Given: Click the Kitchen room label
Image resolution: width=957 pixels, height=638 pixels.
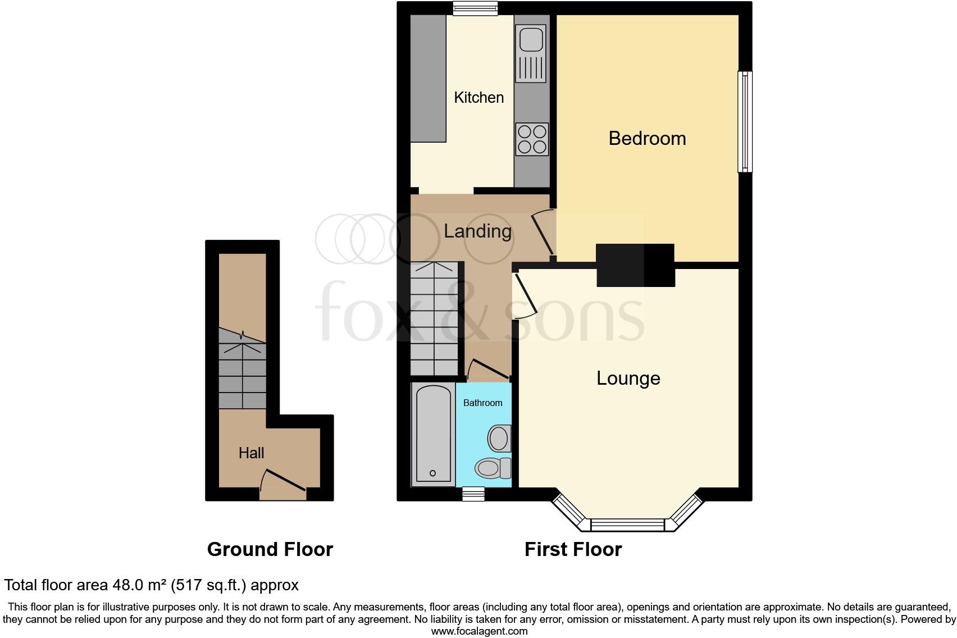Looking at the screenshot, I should (478, 98).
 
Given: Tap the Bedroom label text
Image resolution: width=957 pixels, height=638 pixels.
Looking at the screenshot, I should (647, 138).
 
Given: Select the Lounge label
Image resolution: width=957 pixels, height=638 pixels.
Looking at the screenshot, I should (628, 379).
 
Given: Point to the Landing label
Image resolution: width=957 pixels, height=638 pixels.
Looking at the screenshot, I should (477, 231).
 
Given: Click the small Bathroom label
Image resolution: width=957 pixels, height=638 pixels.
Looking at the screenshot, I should (482, 403).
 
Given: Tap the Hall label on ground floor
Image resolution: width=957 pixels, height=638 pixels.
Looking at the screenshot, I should (251, 453).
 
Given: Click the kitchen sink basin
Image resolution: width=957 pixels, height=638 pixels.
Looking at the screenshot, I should (530, 39).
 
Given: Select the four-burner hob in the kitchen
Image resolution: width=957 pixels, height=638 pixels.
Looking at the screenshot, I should (532, 139).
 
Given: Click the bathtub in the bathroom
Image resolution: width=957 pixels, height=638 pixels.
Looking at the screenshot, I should (433, 434).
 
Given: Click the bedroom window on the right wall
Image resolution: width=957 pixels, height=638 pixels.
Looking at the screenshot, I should (745, 121).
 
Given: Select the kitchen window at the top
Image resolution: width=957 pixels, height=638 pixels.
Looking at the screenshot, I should (476, 8).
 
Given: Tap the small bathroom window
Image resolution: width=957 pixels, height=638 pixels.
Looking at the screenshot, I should (473, 494).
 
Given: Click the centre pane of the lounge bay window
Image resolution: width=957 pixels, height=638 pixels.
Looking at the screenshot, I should (627, 525).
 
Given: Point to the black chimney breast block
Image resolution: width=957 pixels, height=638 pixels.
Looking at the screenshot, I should (635, 265).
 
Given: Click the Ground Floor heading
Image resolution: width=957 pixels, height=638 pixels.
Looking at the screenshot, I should (270, 549).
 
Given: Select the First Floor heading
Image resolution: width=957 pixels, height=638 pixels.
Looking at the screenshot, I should (573, 549).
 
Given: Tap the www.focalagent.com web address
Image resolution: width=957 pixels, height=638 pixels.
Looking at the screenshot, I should (479, 631).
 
